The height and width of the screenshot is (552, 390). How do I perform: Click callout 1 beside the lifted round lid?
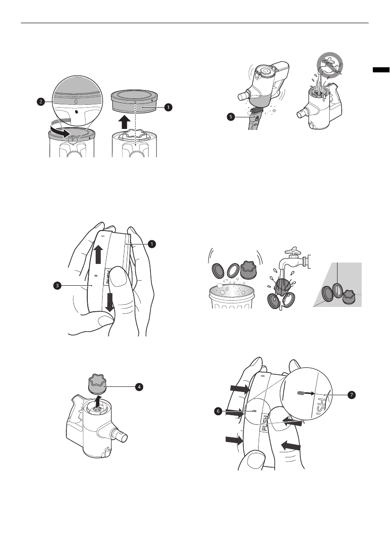pos(168,106)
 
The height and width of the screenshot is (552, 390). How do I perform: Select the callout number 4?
pos(139,387)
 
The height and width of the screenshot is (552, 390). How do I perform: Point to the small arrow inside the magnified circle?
pos(309,392)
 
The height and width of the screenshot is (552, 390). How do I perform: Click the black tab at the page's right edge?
pos(381,70)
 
